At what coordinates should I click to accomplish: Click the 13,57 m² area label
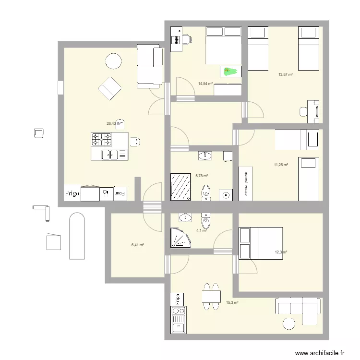[x=286, y=74]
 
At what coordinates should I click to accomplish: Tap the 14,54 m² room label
[x=205, y=84]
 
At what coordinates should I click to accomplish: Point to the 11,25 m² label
[x=281, y=165]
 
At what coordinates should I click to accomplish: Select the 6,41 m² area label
[x=138, y=245]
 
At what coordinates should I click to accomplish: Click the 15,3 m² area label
[x=232, y=302]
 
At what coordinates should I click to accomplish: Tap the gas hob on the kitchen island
[x=102, y=140]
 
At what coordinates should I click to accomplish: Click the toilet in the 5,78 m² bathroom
[x=206, y=191]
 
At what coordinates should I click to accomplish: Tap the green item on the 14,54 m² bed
[x=230, y=72]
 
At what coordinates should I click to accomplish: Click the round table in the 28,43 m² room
[x=114, y=61]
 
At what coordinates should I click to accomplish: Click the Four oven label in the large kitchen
[x=120, y=194]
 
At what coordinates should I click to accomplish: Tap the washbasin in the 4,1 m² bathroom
[x=186, y=217]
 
